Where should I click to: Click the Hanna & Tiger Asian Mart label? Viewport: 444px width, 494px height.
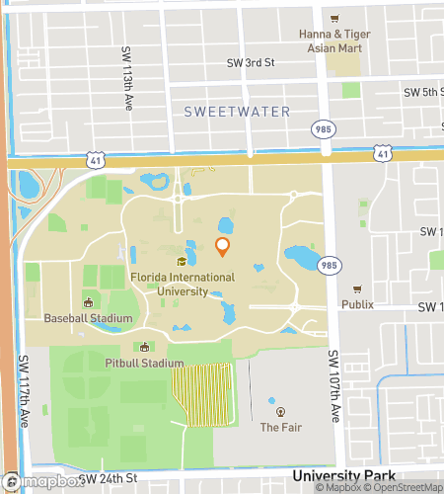334,41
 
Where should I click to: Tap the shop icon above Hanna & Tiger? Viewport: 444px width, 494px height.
335,18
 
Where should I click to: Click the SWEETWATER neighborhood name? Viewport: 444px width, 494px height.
238,112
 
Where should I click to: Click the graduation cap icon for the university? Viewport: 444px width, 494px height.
182,262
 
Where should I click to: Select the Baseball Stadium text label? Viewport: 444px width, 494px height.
88,318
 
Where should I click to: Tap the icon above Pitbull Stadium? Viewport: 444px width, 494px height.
146,347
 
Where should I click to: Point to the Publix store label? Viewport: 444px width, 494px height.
357,304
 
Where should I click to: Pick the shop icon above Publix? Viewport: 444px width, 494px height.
357,289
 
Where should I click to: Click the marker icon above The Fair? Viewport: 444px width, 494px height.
280,411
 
